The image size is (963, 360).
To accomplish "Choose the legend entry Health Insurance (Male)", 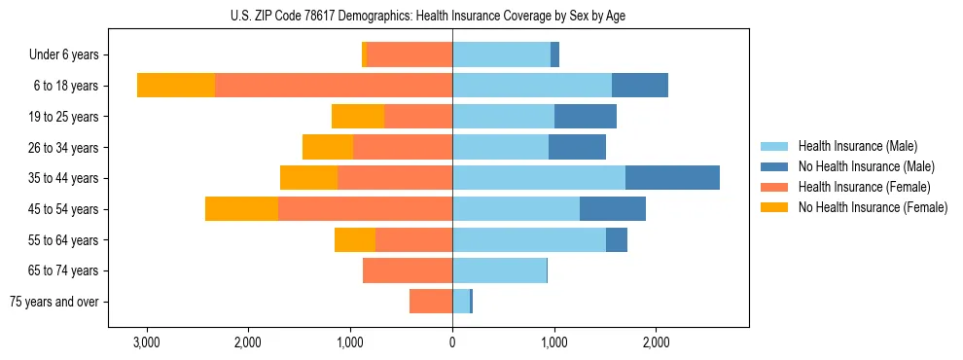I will pyautogui.click(x=858, y=146).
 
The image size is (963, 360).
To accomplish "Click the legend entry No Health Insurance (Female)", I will pyautogui.click(x=872, y=207).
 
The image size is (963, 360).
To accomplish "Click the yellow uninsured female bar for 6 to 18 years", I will pyautogui.click(x=176, y=86).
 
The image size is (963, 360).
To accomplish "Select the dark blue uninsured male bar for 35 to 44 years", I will pyautogui.click(x=672, y=178).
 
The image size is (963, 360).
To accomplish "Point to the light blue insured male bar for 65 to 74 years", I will pyautogui.click(x=499, y=270).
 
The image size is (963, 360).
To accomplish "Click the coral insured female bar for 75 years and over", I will pyautogui.click(x=431, y=302).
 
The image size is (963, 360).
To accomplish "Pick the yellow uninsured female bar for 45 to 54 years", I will pyautogui.click(x=241, y=209).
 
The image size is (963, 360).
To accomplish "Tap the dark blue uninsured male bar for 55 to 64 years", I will pyautogui.click(x=617, y=240).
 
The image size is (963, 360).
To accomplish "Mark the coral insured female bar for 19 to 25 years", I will pyautogui.click(x=418, y=117).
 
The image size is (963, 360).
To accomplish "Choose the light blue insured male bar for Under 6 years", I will pyautogui.click(x=501, y=55).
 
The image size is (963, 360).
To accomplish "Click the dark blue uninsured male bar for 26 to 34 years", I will pyautogui.click(x=577, y=148).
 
